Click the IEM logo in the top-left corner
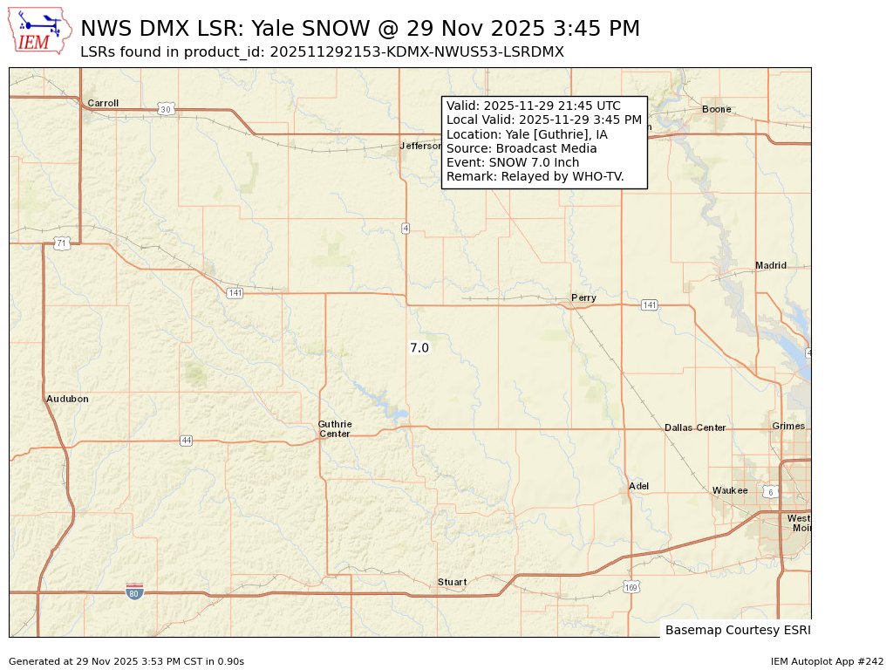[40, 31]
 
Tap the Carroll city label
[103, 103]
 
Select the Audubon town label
[67, 399]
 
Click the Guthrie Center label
[335, 429]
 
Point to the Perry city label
[583, 297]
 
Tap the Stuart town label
[452, 582]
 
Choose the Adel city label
[638, 486]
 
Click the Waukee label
[730, 490]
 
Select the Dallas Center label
[695, 427]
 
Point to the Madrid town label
[770, 265]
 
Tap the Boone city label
[717, 109]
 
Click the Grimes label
[788, 426]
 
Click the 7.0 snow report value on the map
[419, 348]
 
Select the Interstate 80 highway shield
[134, 592]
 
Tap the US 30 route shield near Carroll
[165, 109]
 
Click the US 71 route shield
[61, 243]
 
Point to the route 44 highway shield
[186, 441]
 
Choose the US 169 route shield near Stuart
[631, 586]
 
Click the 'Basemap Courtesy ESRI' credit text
[731, 630]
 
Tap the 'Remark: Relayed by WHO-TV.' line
[535, 177]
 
